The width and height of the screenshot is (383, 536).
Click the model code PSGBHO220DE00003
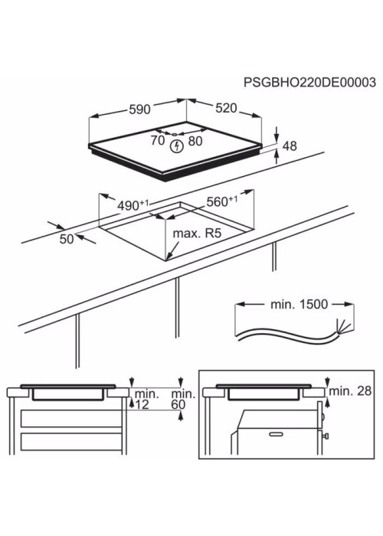(309, 83)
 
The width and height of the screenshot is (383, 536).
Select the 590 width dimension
(140, 109)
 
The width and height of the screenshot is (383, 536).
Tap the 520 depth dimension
(226, 108)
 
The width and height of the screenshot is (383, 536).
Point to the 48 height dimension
(290, 146)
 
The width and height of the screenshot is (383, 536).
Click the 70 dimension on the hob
(158, 140)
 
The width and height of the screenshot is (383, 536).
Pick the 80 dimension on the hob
(195, 140)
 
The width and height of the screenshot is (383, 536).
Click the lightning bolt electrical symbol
(177, 146)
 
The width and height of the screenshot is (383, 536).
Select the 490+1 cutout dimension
(133, 205)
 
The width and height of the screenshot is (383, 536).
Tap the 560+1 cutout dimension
(222, 201)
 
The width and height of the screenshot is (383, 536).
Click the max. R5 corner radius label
(197, 234)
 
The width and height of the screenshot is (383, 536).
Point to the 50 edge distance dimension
(67, 239)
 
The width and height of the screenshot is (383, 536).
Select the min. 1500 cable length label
(299, 304)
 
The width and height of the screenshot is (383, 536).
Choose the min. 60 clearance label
(183, 399)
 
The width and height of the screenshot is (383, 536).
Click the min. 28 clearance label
(350, 391)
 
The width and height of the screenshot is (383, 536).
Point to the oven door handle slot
(276, 434)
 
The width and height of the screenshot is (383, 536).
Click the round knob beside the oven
(326, 436)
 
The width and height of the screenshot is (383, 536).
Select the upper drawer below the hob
(71, 418)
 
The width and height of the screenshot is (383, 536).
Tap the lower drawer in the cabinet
(71, 441)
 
